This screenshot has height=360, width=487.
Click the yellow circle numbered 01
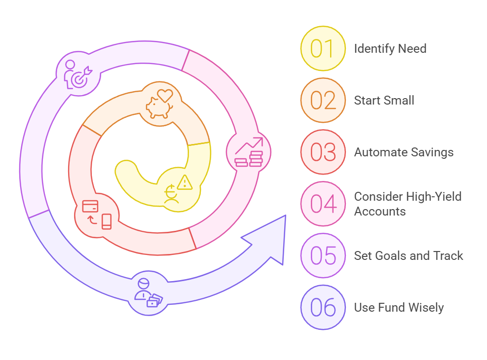click(323, 49)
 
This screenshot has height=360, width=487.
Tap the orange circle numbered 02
click(323, 101)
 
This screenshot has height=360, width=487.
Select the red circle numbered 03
click(323, 152)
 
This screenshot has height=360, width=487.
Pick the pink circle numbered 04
click(323, 204)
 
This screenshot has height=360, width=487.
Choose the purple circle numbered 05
click(323, 255)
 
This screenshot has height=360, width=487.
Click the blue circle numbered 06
click(323, 307)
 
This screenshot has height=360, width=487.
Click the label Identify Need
click(390, 49)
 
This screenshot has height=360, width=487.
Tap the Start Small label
click(384, 101)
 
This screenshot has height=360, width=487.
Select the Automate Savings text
click(404, 152)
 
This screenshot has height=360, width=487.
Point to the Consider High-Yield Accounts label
click(408, 204)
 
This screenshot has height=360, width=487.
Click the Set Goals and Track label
click(409, 255)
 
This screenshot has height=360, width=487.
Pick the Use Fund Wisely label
click(399, 307)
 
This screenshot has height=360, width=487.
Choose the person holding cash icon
click(147, 293)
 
